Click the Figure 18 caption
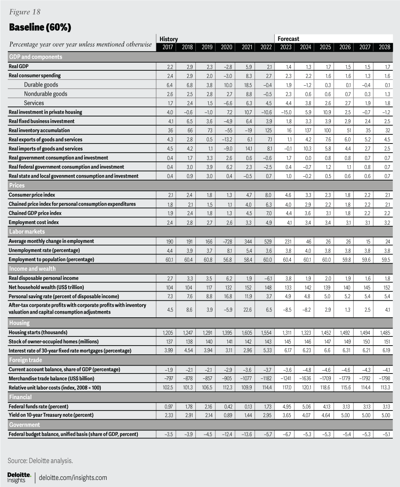click(25, 12)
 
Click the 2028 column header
click(384, 47)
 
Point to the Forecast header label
click(288, 39)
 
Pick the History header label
click(169, 39)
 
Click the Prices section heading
click(17, 185)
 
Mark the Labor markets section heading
click(27, 232)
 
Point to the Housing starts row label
click(38, 333)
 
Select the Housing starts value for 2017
click(167, 333)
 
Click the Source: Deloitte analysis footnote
click(35, 461)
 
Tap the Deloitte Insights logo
click(19, 477)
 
